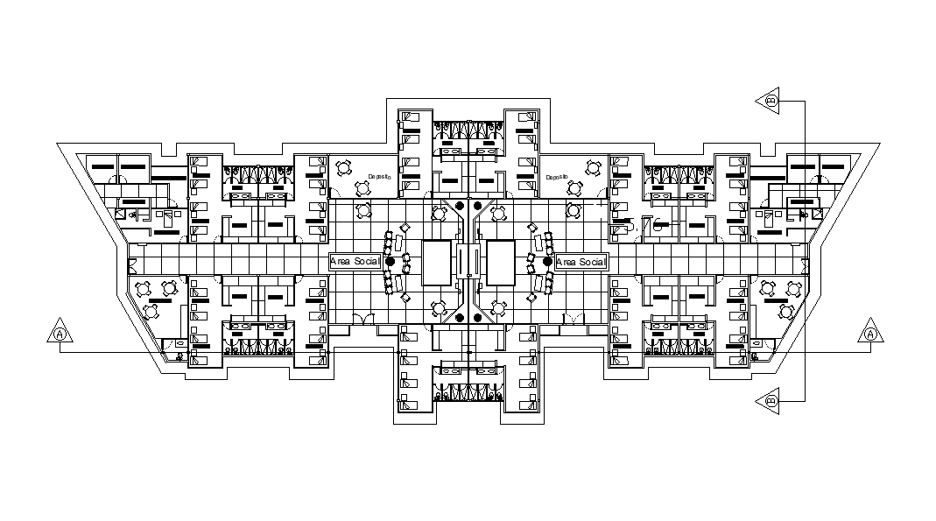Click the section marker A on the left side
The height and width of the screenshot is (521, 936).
(x=60, y=334)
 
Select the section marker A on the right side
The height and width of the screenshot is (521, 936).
(x=869, y=334)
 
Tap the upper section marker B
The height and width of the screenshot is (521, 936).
(x=771, y=101)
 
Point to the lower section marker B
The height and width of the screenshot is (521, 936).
(x=771, y=400)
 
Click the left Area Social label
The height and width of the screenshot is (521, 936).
(x=355, y=262)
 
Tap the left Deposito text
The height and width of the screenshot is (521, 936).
(x=379, y=176)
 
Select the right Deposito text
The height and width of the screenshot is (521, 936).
(x=557, y=177)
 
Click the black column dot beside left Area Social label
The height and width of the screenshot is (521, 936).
(x=391, y=262)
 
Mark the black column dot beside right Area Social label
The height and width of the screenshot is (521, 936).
(x=547, y=262)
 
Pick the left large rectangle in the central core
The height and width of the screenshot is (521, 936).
(x=436, y=262)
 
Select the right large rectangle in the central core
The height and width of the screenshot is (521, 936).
(x=501, y=262)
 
